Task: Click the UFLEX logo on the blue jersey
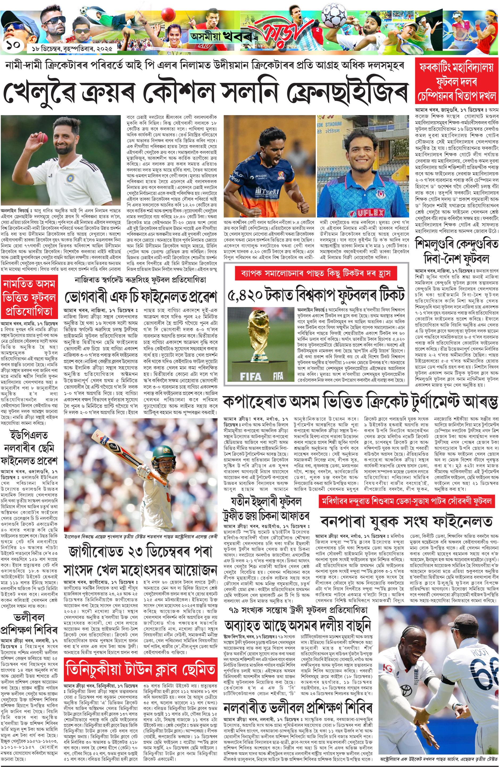370,212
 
